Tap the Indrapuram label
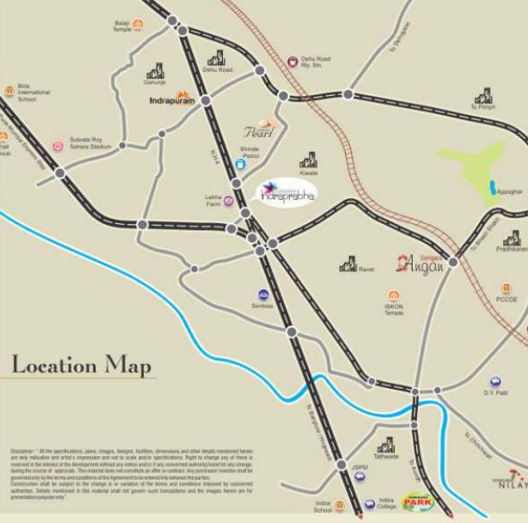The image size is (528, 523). point(172,101)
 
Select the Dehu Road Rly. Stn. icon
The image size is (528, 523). point(292,62)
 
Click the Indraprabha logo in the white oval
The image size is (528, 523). point(288,192)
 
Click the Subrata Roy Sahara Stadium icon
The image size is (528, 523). point(58,146)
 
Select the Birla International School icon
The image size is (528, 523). point(9,90)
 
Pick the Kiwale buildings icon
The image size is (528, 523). point(308,158)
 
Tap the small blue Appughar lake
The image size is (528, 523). point(492,186)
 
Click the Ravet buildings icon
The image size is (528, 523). point(348,264)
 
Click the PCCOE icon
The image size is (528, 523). point(507,288)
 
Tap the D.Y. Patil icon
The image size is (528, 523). point(496,382)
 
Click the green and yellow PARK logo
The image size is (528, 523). point(419,502)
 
